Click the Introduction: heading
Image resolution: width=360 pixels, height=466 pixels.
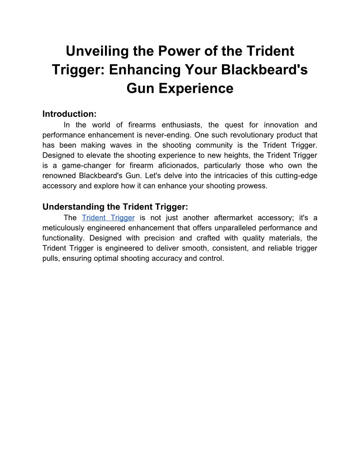tap(69, 114)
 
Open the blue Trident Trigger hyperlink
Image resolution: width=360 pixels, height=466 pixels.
tap(108, 218)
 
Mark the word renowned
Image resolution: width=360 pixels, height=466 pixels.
tap(60, 176)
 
